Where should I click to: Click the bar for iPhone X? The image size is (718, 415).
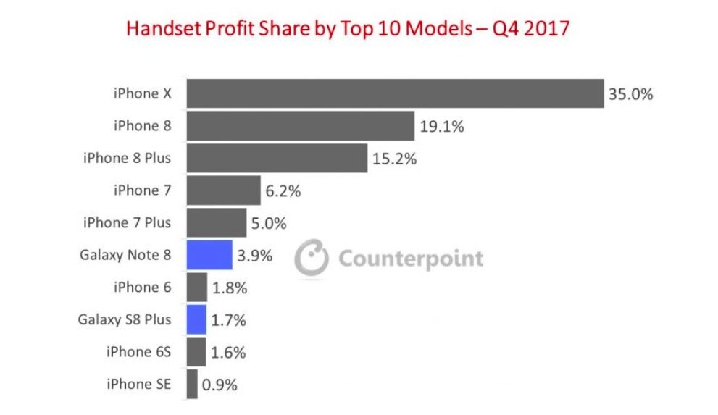click(x=395, y=93)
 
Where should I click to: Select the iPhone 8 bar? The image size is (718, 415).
click(x=301, y=125)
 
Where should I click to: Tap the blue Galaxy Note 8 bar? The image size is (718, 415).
click(x=209, y=255)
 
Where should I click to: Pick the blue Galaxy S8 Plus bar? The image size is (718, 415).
click(x=196, y=319)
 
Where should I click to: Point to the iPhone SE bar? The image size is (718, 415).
click(x=192, y=384)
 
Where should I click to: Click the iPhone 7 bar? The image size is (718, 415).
click(x=224, y=190)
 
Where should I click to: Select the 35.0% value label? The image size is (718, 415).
click(x=631, y=94)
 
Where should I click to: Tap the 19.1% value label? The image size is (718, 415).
click(x=441, y=126)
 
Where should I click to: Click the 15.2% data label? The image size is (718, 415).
click(x=394, y=159)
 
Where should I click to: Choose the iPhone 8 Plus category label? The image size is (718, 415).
click(x=128, y=158)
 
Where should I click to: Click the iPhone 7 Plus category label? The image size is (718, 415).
click(x=128, y=222)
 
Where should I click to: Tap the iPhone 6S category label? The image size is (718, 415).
click(x=138, y=352)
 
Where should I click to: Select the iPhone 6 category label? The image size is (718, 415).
click(x=142, y=287)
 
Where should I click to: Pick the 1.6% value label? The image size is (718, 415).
click(x=229, y=353)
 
